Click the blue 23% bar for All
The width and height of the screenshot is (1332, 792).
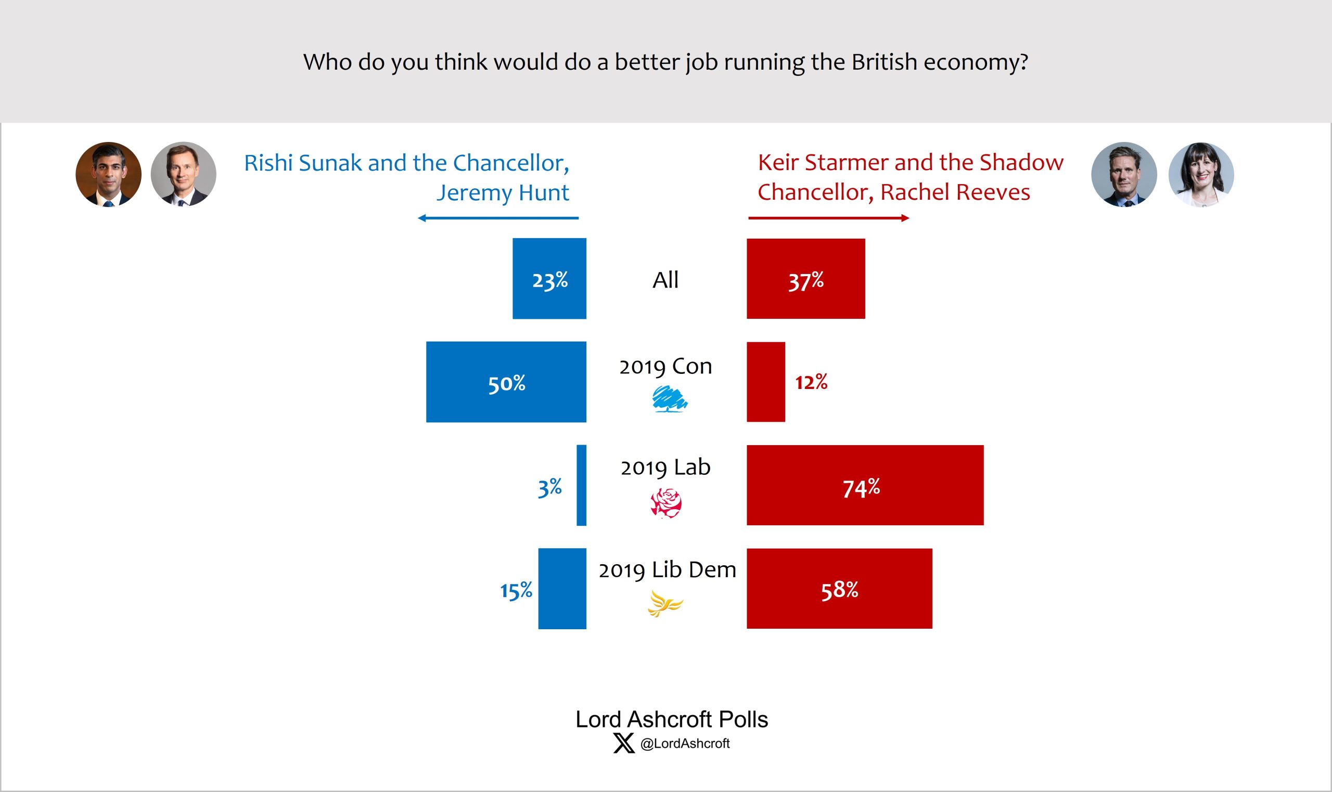pos(549,278)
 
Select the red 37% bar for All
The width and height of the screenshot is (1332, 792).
pos(805,279)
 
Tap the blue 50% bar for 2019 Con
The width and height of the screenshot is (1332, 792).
pos(506,382)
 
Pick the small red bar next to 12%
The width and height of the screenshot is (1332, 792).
pos(765,382)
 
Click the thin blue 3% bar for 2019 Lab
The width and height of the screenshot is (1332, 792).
pos(581,485)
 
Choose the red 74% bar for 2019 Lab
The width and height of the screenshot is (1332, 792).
pos(865,485)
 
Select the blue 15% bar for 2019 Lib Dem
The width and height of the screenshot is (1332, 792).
pos(562,589)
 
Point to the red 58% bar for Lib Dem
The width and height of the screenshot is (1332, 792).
pos(839,589)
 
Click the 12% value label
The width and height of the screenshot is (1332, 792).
pos(811,382)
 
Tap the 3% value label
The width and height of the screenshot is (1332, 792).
pos(550,487)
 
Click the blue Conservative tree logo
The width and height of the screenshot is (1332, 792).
pos(670,399)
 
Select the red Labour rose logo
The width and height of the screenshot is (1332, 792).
pos(665,504)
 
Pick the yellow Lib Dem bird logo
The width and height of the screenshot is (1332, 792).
pos(664,604)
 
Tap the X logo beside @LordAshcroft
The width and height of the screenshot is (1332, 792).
pos(623,743)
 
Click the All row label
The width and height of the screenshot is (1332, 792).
pos(665,280)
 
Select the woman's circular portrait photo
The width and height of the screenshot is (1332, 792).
pos(1201,175)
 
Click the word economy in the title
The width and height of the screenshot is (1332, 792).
pos(976,62)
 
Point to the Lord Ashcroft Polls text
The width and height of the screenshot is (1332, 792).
pos(672,719)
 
